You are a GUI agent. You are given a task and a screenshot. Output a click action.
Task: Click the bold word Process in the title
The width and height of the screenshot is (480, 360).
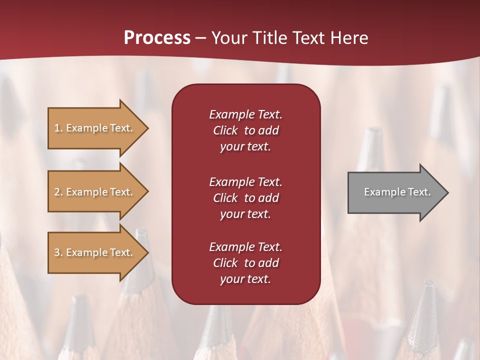(157, 38)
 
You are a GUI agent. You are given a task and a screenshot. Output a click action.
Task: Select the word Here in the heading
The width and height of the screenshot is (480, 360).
(349, 38)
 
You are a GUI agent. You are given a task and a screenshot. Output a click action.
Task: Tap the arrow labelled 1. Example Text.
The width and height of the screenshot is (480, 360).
(95, 128)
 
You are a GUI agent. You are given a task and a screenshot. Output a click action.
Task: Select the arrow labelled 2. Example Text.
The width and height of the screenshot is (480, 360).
(95, 192)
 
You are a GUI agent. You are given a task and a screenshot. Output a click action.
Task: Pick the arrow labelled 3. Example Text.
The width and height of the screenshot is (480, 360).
(95, 252)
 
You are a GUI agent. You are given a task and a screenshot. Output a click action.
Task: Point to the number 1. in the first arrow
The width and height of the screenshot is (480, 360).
(58, 128)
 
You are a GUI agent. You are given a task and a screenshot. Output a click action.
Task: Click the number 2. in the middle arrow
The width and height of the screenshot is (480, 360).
(58, 192)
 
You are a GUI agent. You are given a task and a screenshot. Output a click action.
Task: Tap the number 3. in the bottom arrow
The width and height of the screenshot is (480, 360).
(58, 252)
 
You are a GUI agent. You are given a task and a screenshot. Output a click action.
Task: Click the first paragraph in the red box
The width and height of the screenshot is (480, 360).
(245, 130)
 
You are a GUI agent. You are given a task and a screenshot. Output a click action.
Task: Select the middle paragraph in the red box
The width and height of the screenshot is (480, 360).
(245, 197)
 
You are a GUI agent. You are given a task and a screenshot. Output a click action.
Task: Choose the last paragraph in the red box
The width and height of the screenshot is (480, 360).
(245, 263)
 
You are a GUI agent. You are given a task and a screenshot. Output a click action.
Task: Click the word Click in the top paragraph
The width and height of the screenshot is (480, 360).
(225, 130)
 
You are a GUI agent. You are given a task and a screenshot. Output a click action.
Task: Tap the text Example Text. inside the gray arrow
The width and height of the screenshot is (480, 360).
(397, 192)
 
